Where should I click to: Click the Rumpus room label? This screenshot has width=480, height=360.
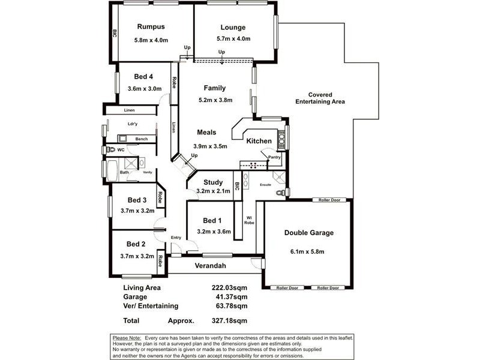[x=151, y=26]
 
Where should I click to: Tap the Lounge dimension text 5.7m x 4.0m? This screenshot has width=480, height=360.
[x=233, y=39]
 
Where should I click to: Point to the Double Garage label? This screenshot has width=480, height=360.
[x=309, y=233]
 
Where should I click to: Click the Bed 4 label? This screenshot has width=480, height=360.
[x=143, y=76]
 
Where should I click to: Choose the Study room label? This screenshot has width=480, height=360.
[x=213, y=182]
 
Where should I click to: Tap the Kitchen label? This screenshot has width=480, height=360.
[x=259, y=141]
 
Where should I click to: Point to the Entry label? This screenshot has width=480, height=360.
[x=176, y=238]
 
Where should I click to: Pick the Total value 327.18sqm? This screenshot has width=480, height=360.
[x=233, y=320]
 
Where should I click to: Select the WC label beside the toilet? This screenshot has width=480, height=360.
[x=121, y=149]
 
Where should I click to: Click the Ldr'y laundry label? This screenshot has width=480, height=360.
[x=133, y=124]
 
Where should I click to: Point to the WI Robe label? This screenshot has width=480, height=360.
[x=250, y=220]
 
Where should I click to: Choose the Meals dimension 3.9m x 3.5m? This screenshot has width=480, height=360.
[x=213, y=146]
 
